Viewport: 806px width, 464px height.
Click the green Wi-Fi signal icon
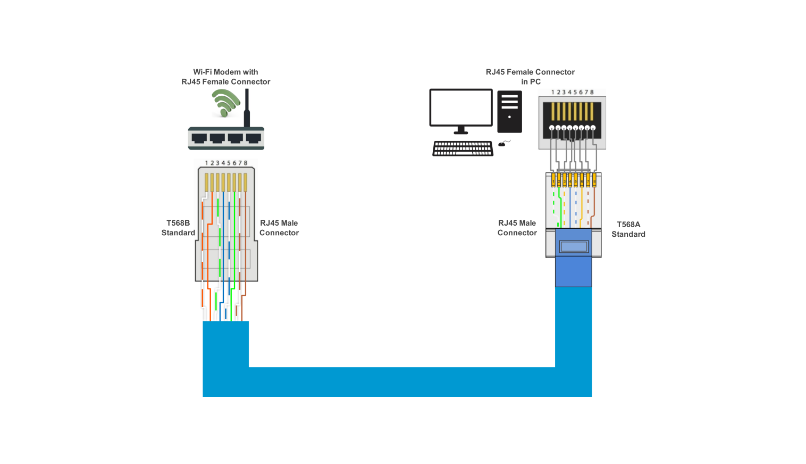coord(225,102)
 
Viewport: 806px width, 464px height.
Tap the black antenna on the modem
coord(247,109)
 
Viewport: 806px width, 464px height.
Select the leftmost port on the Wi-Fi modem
coord(199,138)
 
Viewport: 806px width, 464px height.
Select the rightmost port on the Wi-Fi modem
coord(253,138)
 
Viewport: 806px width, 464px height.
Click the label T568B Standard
coord(178,228)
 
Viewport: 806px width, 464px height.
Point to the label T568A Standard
coord(628,229)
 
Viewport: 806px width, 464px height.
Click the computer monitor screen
coord(461,107)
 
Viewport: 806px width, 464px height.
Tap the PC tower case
coord(509,111)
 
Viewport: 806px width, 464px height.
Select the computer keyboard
coord(463,148)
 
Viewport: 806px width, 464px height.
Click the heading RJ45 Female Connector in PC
coord(530,77)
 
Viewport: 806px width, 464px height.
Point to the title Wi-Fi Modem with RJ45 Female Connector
coord(225,77)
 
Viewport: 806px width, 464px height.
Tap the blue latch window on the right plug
coord(574,246)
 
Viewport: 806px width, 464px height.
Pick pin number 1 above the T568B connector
coord(206,163)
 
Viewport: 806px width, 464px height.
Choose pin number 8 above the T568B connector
coord(246,163)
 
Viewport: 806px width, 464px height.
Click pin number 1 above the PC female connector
coord(553,92)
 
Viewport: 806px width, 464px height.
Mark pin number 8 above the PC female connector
coord(592,92)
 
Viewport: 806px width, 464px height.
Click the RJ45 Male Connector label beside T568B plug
coord(279,228)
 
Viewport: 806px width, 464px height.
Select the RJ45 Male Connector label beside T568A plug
coord(517,228)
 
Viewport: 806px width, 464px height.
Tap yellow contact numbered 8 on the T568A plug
coord(594,181)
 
